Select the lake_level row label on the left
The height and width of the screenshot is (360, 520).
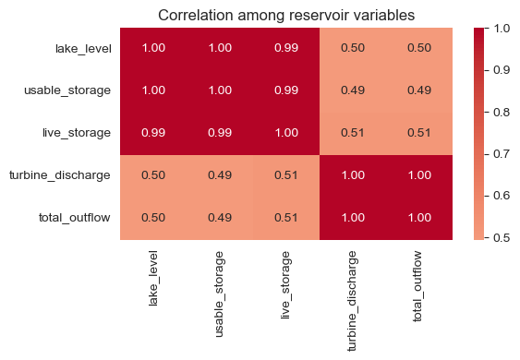point(86,49)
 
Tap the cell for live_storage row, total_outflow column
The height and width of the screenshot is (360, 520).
point(419,134)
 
